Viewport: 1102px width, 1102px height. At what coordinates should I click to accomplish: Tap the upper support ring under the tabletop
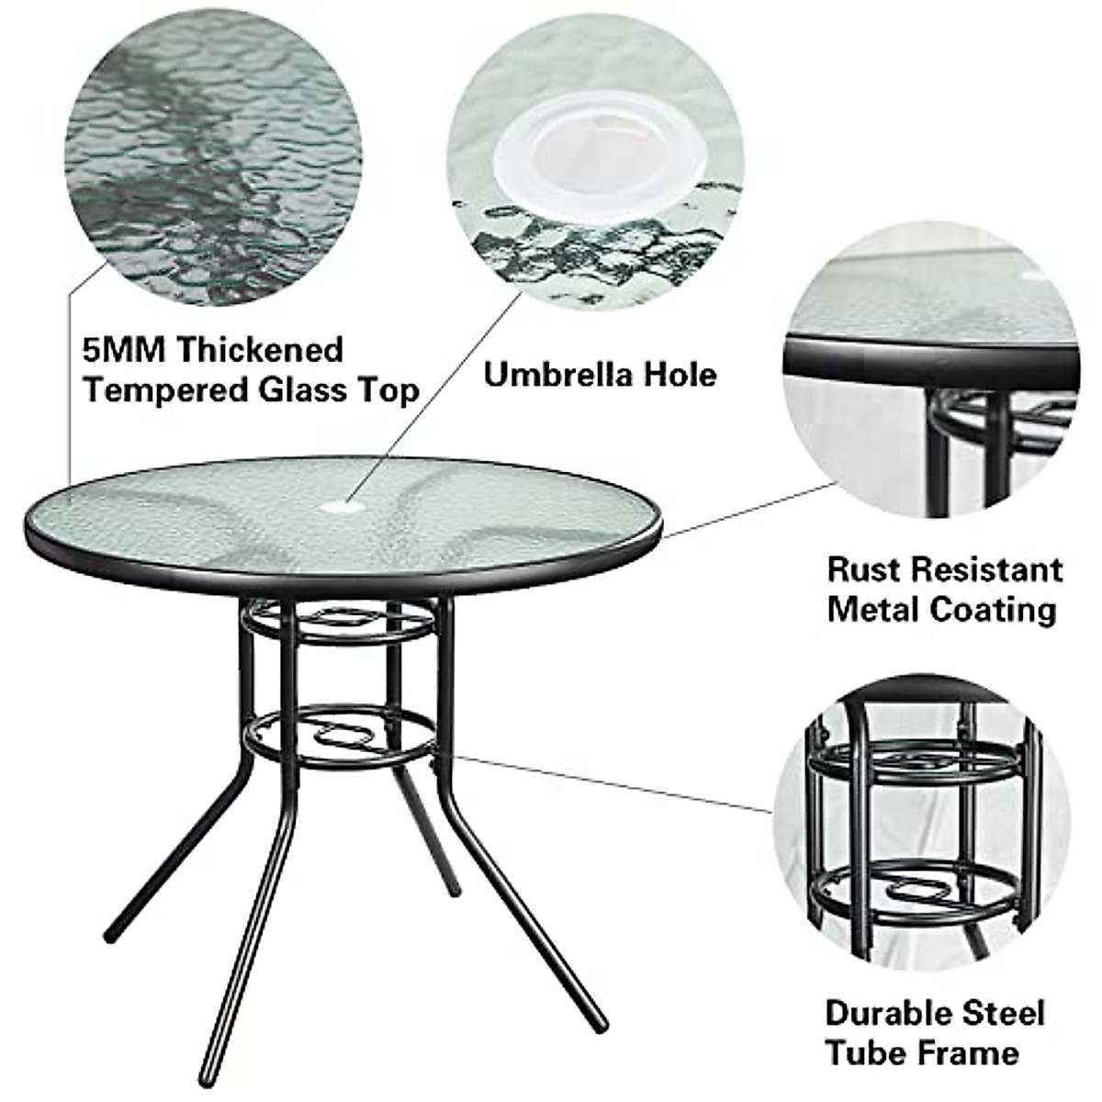pos(340,624)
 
